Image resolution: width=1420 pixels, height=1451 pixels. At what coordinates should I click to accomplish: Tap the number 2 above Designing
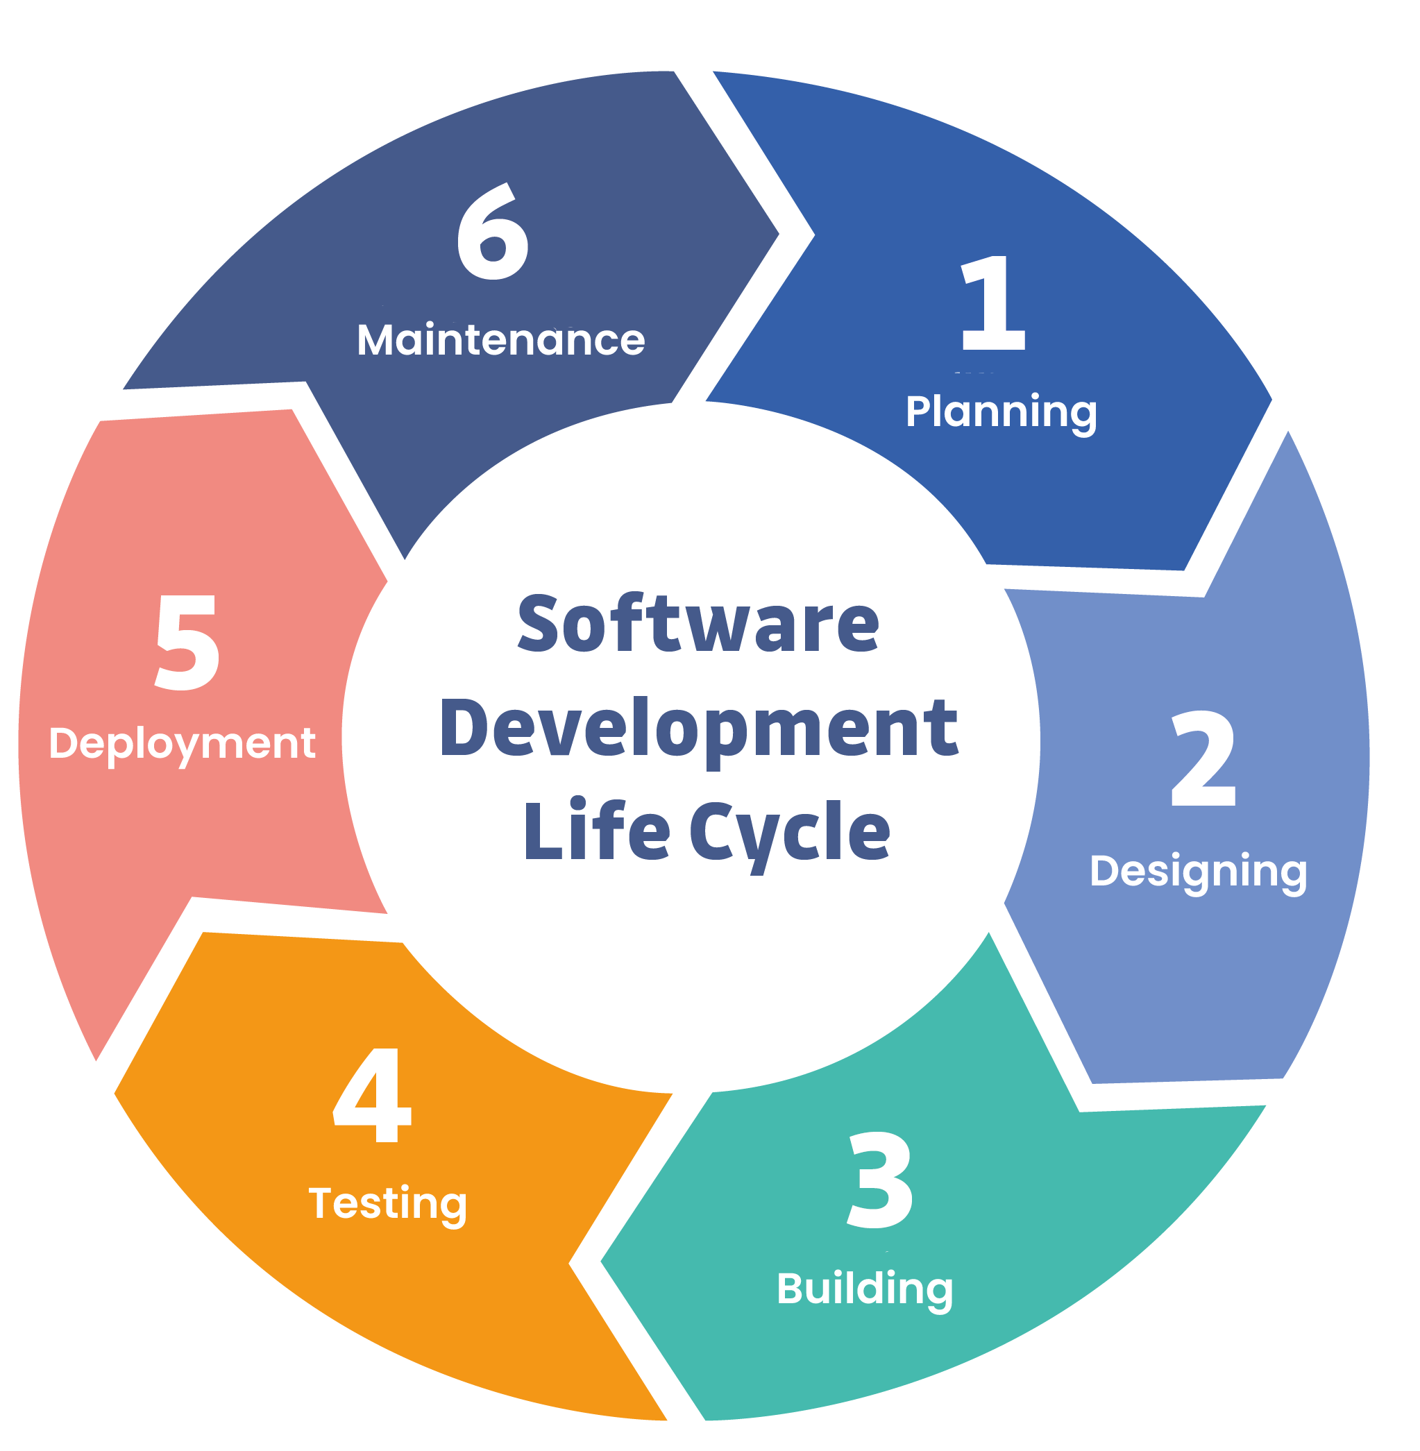pos(1203,758)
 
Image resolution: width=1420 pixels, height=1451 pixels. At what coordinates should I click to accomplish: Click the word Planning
pos(1001,411)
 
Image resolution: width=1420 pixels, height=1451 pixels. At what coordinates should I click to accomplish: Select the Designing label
pos(1198,871)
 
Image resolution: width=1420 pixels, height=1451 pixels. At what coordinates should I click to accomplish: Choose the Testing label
pos(388,1203)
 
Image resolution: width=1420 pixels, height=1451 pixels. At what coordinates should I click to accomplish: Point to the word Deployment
pos(182,743)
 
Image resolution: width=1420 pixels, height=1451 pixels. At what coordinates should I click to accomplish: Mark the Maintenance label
pos(500,340)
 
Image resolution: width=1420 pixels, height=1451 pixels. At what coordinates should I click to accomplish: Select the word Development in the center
pos(699,729)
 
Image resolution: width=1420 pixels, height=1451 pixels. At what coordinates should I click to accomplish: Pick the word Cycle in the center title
pos(790,832)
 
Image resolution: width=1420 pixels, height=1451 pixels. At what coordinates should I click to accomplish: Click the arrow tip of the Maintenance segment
pos(776,233)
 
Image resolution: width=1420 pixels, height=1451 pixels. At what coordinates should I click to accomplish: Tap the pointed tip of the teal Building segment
pos(604,1262)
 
